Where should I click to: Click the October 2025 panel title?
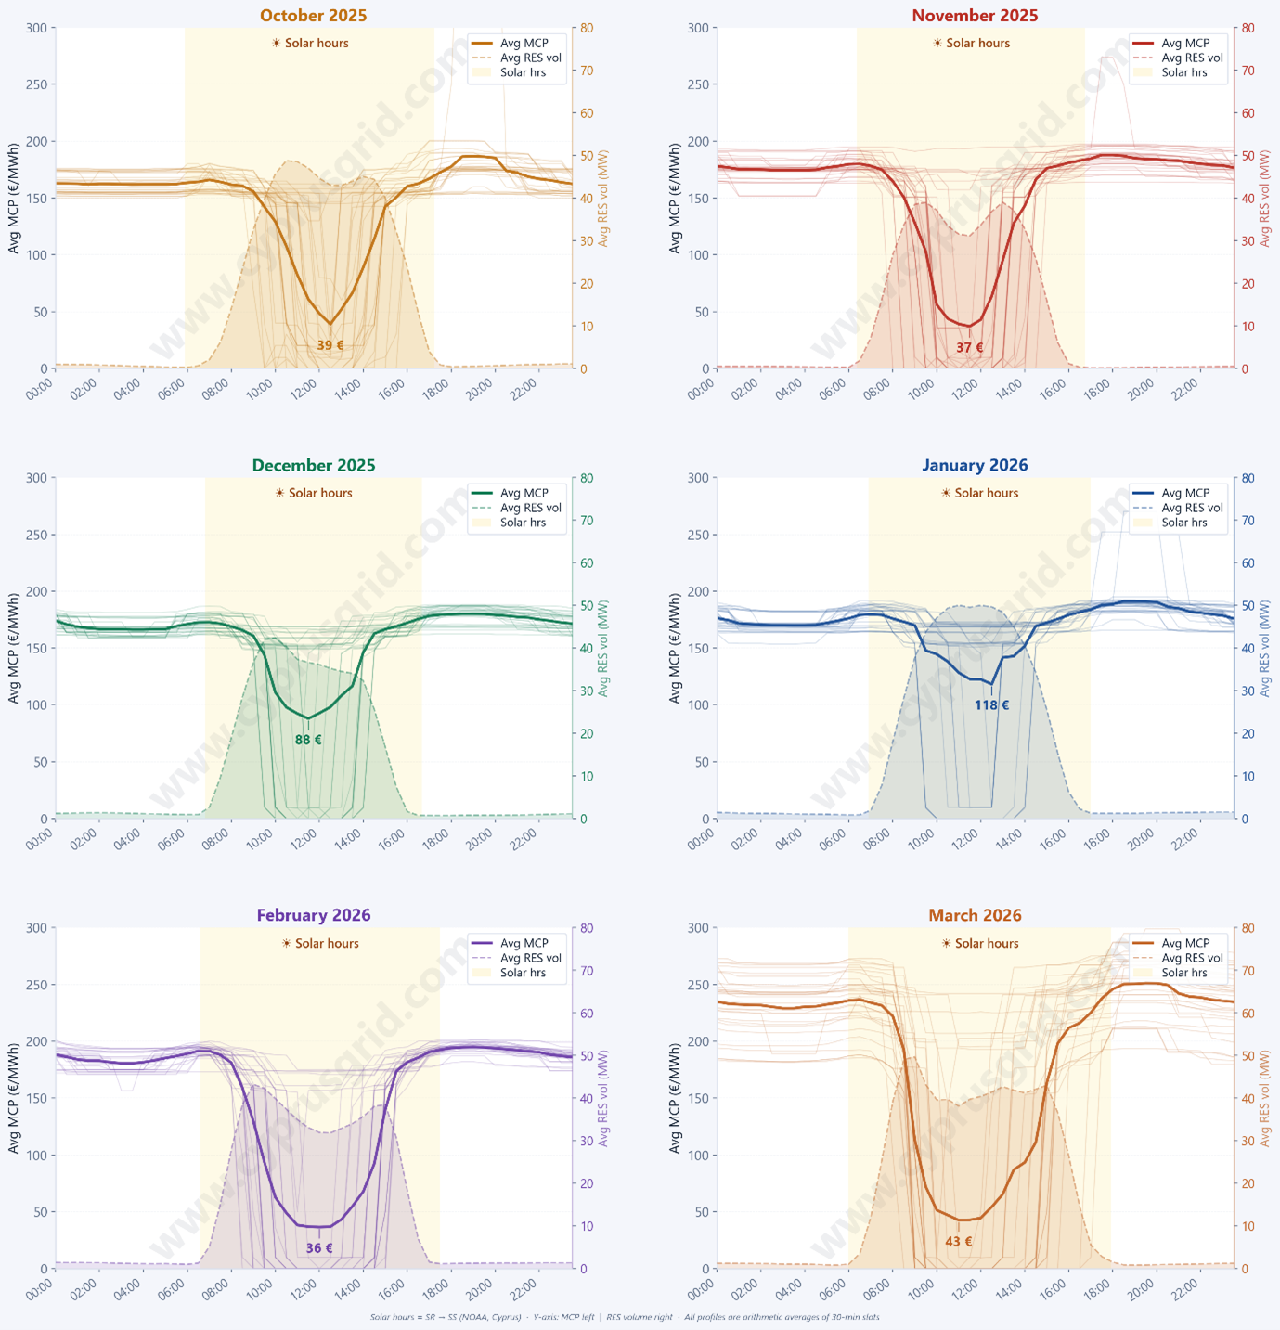(x=313, y=16)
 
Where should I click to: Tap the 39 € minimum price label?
(x=330, y=346)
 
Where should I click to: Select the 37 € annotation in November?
(x=969, y=348)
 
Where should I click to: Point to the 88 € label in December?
(x=308, y=741)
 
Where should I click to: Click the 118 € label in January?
(x=991, y=705)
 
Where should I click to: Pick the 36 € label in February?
(x=319, y=1248)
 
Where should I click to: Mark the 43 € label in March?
(x=959, y=1242)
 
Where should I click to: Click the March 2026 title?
(x=975, y=915)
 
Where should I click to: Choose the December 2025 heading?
(x=314, y=466)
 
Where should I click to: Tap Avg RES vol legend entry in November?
(x=1192, y=58)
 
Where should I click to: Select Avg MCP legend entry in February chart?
(x=524, y=943)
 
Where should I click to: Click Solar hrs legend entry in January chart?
(x=1183, y=523)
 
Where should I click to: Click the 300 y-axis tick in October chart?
(x=34, y=28)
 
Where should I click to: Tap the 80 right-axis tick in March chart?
(x=1248, y=928)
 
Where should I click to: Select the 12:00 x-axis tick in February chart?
(x=303, y=1292)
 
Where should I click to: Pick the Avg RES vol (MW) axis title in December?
(x=604, y=649)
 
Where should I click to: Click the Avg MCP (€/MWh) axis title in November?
(x=675, y=199)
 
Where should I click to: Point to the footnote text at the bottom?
(x=624, y=1317)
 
